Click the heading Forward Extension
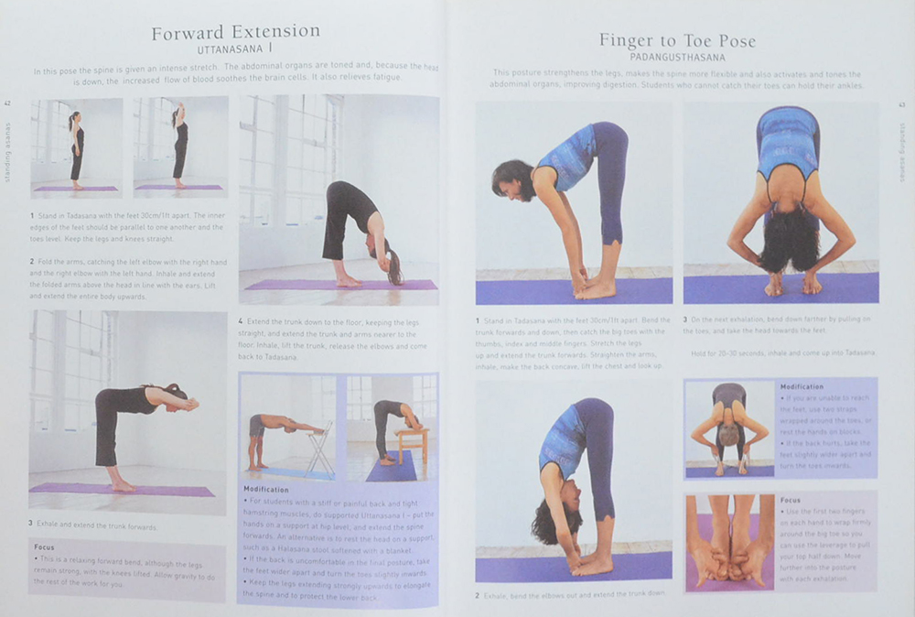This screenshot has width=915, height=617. point(235,31)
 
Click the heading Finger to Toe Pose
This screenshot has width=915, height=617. point(677,40)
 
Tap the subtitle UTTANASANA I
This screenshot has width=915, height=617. point(236,48)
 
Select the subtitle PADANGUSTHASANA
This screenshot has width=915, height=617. point(677,56)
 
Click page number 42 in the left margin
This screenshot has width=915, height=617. point(8,103)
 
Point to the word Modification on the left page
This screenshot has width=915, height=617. point(265,490)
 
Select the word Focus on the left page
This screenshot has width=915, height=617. point(44,547)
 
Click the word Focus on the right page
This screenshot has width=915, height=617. point(790,501)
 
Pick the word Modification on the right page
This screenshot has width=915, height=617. point(802,387)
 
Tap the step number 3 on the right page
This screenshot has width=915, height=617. point(686,319)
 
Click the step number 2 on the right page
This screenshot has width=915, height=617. point(478,596)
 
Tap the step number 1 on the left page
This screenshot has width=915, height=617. point(32,215)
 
